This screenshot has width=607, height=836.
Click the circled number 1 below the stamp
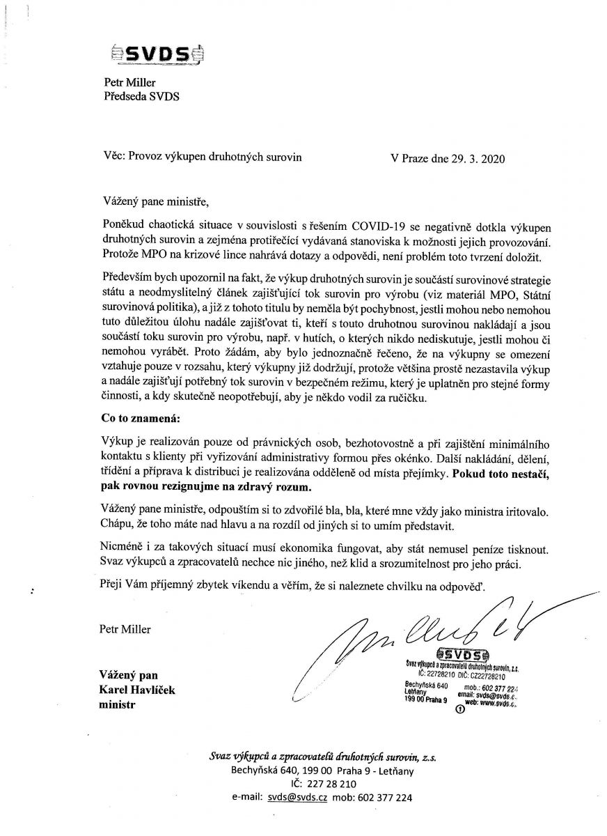(459, 711)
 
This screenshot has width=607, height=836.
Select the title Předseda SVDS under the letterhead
(141, 97)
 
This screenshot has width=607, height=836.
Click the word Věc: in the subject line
(113, 158)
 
